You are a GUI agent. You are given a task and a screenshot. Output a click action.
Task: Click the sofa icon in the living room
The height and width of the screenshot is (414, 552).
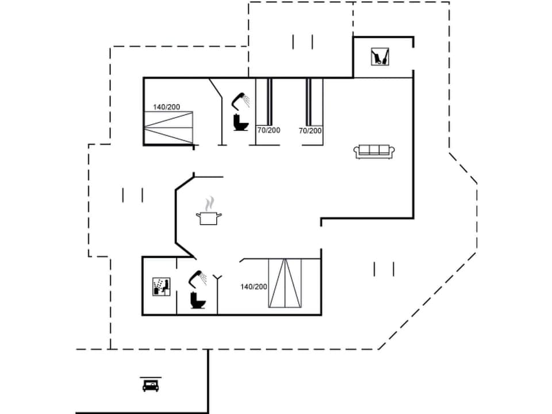[374, 151]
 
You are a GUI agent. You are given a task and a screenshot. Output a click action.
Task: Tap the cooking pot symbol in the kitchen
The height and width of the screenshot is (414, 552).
[209, 218]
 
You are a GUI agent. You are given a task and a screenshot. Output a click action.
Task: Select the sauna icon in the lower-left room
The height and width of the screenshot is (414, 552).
[160, 286]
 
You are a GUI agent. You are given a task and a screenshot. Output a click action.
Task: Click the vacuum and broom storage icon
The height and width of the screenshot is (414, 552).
[379, 56]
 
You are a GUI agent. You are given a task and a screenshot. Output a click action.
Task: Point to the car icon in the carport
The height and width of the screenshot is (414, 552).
[151, 385]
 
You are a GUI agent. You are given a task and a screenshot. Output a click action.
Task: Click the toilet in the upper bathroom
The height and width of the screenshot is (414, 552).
[240, 122]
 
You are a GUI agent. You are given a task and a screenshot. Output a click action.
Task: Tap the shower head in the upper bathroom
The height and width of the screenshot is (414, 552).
[240, 101]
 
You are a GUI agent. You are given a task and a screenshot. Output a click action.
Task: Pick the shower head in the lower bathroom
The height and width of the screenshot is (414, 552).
[198, 278]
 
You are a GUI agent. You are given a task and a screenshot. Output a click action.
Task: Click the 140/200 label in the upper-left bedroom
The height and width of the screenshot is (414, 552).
[167, 107]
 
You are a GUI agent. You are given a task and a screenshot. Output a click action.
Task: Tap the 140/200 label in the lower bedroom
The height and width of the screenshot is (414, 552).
[254, 286]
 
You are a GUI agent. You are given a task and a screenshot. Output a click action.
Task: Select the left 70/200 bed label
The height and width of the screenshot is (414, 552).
[269, 131]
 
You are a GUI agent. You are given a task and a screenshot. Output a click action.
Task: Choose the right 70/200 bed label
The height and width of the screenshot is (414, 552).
[310, 131]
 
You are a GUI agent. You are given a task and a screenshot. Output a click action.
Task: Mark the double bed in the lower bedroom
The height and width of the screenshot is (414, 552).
[285, 284]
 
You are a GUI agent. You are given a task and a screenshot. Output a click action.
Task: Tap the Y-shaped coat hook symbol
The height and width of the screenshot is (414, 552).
[218, 279]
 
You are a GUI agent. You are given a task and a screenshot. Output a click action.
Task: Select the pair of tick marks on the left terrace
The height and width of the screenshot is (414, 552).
[132, 195]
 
